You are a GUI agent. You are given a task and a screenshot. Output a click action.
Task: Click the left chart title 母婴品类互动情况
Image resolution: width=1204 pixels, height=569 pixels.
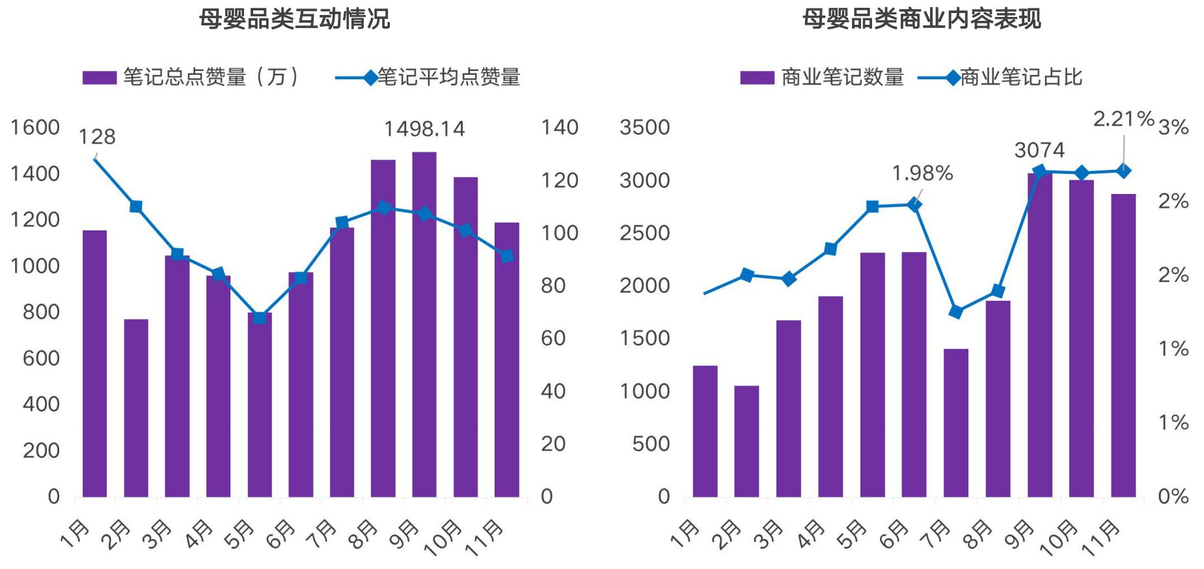[294, 19]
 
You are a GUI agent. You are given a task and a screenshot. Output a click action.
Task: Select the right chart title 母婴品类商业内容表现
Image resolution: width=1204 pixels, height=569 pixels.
[921, 19]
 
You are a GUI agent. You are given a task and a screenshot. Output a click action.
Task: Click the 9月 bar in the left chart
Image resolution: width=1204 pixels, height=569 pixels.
[424, 326]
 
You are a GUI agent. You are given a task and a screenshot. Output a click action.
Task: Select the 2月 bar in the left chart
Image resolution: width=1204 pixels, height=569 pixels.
[136, 408]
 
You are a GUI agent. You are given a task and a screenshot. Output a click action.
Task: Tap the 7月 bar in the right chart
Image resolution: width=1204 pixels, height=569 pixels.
[956, 423]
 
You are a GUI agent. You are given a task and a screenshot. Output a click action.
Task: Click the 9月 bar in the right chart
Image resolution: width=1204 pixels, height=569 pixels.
[1039, 335]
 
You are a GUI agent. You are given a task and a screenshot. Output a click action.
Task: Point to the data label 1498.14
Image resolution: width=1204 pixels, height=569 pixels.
[424, 129]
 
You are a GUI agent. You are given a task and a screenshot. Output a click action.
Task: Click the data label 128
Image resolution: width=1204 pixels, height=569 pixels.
[97, 137]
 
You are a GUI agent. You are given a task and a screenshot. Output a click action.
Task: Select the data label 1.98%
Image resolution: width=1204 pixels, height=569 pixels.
[922, 173]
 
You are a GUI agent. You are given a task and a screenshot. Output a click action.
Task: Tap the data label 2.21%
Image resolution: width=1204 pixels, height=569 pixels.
[1123, 119]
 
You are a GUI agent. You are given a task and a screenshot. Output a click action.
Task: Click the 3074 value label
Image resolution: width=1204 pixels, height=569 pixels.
[1039, 150]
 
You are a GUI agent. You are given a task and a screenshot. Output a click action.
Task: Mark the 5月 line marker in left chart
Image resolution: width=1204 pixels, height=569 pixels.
[260, 318]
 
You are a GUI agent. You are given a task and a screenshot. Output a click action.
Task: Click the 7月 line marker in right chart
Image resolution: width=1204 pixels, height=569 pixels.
[956, 312]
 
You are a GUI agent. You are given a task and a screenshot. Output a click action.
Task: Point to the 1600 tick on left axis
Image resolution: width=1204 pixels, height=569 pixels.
[35, 128]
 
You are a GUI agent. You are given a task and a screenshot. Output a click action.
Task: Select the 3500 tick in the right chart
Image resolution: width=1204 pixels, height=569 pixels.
[644, 128]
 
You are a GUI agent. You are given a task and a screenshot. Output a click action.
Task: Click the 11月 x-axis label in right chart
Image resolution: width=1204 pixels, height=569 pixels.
[1101, 539]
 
